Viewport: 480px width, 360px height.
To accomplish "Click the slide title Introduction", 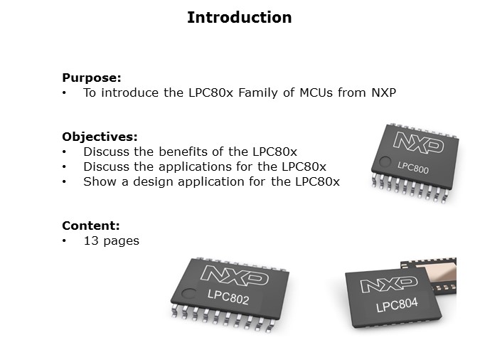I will pos(239,18).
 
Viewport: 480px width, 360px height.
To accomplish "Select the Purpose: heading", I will pos(92,78).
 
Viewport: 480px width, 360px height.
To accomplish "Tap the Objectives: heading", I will pos(100,137).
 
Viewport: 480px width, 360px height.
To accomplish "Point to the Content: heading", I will pos(90,226).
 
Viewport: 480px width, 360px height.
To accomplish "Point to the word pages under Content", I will pos(122,240).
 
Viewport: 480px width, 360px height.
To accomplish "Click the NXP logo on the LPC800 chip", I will pos(418,141).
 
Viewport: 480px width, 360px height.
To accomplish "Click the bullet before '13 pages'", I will pos(65,240).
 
